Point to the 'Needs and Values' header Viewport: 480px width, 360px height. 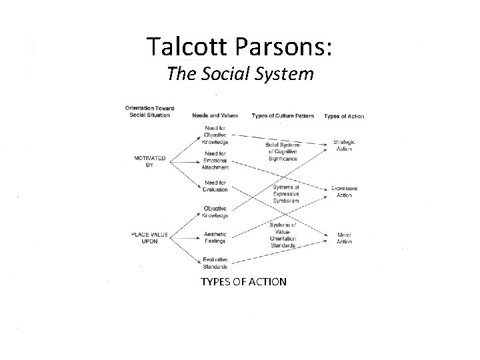tap(215, 115)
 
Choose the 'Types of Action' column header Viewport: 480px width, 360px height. tap(344, 115)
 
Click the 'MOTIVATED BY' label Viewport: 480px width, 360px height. tap(149, 161)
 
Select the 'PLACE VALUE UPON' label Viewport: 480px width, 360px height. tap(149, 237)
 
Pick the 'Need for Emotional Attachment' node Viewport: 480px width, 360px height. tap(216, 160)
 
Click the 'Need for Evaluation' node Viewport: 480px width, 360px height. tap(216, 186)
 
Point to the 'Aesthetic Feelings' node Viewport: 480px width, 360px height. tap(216, 237)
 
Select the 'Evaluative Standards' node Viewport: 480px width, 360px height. tap(216, 263)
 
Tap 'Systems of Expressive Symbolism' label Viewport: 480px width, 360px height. tap(285, 193)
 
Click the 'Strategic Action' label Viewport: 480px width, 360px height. tap(344, 145)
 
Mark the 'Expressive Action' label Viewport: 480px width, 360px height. tap(344, 191)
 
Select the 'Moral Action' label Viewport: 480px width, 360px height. tap(344, 238)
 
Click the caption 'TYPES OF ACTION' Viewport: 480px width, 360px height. tap(243, 281)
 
